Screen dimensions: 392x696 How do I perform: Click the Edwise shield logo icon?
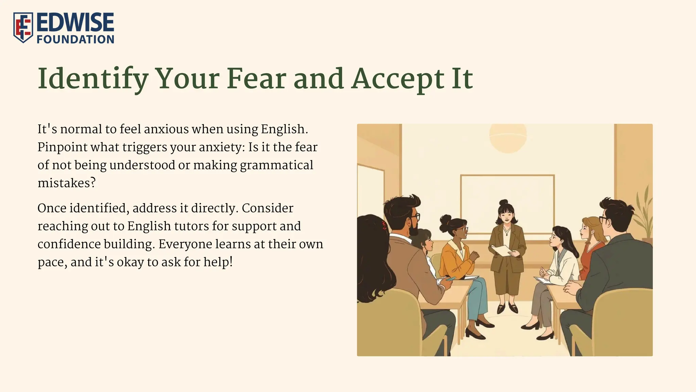click(23, 28)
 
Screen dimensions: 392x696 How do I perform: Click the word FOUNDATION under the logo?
click(75, 39)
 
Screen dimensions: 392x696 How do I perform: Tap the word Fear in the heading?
click(256, 79)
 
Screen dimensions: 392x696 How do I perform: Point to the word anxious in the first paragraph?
click(166, 129)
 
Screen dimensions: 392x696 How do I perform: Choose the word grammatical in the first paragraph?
click(276, 165)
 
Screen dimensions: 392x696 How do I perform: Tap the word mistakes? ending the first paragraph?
click(67, 183)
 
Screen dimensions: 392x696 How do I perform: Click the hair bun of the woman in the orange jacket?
click(446, 219)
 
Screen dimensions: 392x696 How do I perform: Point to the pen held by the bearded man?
click(451, 279)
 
